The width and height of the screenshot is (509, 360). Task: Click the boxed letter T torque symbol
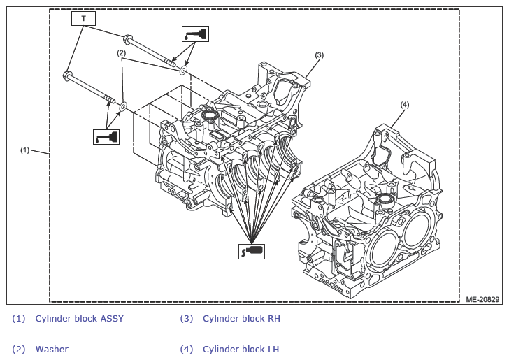click(83, 18)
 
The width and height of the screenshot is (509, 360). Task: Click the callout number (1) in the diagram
click(25, 150)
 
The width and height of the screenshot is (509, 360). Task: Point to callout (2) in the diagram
click(122, 53)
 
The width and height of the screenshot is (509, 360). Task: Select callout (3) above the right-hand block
click(320, 55)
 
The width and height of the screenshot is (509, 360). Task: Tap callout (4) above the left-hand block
click(404, 105)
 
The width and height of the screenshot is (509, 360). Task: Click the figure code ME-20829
click(482, 299)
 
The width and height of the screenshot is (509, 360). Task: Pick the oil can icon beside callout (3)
click(195, 34)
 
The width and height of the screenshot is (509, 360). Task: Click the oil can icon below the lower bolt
click(106, 137)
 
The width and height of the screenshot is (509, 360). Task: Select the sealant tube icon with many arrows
click(252, 252)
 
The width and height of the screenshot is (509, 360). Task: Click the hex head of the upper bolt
click(127, 38)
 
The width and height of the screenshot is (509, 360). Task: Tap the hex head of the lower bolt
click(69, 76)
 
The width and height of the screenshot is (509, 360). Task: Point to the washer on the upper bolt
click(183, 70)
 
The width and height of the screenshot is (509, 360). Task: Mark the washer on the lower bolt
click(123, 106)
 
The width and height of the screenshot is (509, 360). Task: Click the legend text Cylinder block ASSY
click(80, 319)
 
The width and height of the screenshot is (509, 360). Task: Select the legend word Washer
click(52, 350)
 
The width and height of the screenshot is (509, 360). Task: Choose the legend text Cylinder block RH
click(241, 319)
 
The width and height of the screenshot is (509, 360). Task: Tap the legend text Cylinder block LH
click(241, 350)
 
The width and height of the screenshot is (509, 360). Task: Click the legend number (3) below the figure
click(187, 319)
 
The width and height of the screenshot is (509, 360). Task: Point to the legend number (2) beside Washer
click(18, 350)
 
